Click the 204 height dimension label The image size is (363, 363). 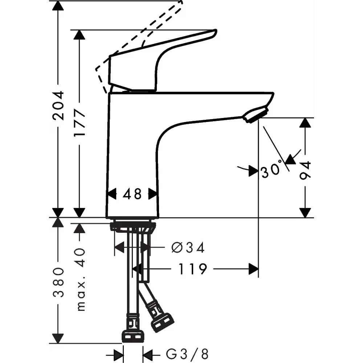[x=58, y=106]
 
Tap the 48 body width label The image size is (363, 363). [x=132, y=194]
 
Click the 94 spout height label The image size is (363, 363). [x=305, y=171]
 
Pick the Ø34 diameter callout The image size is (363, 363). [x=188, y=248]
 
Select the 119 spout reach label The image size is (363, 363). [x=192, y=269]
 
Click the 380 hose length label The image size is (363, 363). [x=58, y=282]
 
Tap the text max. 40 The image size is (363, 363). [x=80, y=280]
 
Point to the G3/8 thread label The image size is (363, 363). [x=187, y=354]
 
